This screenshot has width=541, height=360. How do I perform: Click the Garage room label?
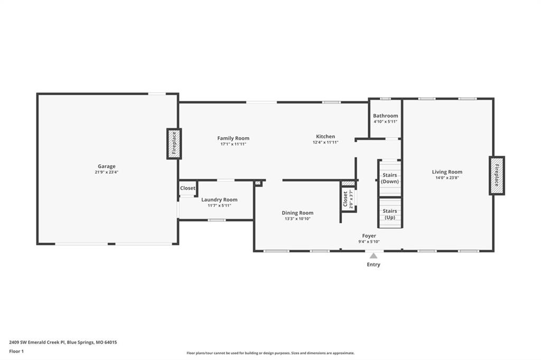[x=106, y=166]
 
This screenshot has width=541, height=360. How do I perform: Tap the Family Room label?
[x=233, y=138]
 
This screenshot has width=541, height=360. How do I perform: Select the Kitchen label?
[x=325, y=136]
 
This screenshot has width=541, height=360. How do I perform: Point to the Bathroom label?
[x=385, y=116]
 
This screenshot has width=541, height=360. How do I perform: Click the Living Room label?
[x=447, y=172]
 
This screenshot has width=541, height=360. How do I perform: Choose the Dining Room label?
[x=297, y=213]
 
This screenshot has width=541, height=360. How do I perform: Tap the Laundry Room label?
[x=219, y=200]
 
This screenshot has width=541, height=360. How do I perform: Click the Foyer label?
[x=369, y=236]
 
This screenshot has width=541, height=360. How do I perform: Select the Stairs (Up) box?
[x=390, y=213]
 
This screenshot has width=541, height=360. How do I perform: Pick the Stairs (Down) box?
[x=390, y=178]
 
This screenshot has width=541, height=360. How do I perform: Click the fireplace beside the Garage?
[x=174, y=144]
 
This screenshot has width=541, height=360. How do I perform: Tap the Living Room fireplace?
[x=497, y=176]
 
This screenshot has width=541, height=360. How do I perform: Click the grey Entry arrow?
[x=374, y=255]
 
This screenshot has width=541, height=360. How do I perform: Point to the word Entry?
[x=374, y=264]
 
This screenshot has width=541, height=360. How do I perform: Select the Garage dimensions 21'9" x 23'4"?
[x=107, y=172]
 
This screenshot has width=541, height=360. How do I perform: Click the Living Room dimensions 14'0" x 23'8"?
[x=447, y=177]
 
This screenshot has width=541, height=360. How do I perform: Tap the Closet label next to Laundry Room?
[x=188, y=188]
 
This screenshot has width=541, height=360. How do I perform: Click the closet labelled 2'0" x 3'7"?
[x=349, y=200]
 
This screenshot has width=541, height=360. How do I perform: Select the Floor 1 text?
[x=16, y=352]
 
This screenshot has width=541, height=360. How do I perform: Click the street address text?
[x=63, y=343]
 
